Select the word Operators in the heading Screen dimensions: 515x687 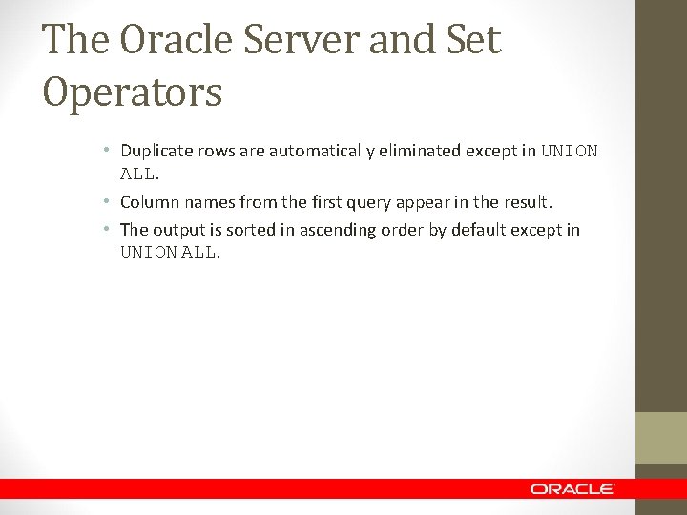(x=133, y=93)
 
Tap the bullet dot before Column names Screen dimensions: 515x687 (x=110, y=203)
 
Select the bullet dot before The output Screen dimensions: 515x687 (x=110, y=230)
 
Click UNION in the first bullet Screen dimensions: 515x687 (x=570, y=151)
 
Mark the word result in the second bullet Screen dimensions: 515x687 (x=528, y=202)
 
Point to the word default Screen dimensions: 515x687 (x=482, y=229)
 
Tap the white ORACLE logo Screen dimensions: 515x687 (x=572, y=488)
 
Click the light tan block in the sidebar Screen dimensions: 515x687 (x=661, y=438)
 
